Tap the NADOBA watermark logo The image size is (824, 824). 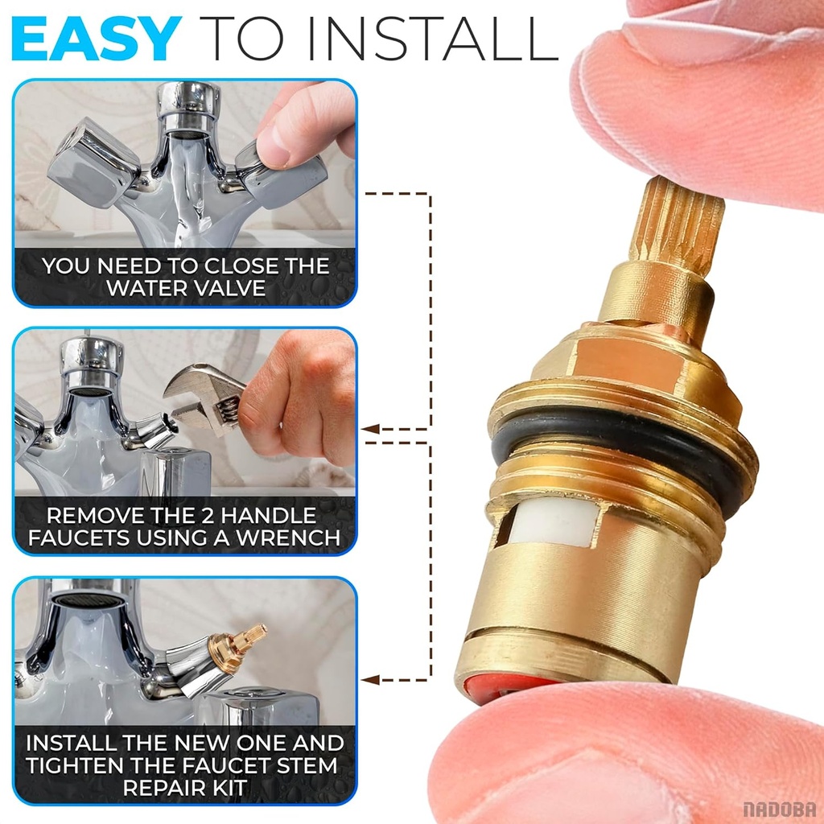pos(779,809)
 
